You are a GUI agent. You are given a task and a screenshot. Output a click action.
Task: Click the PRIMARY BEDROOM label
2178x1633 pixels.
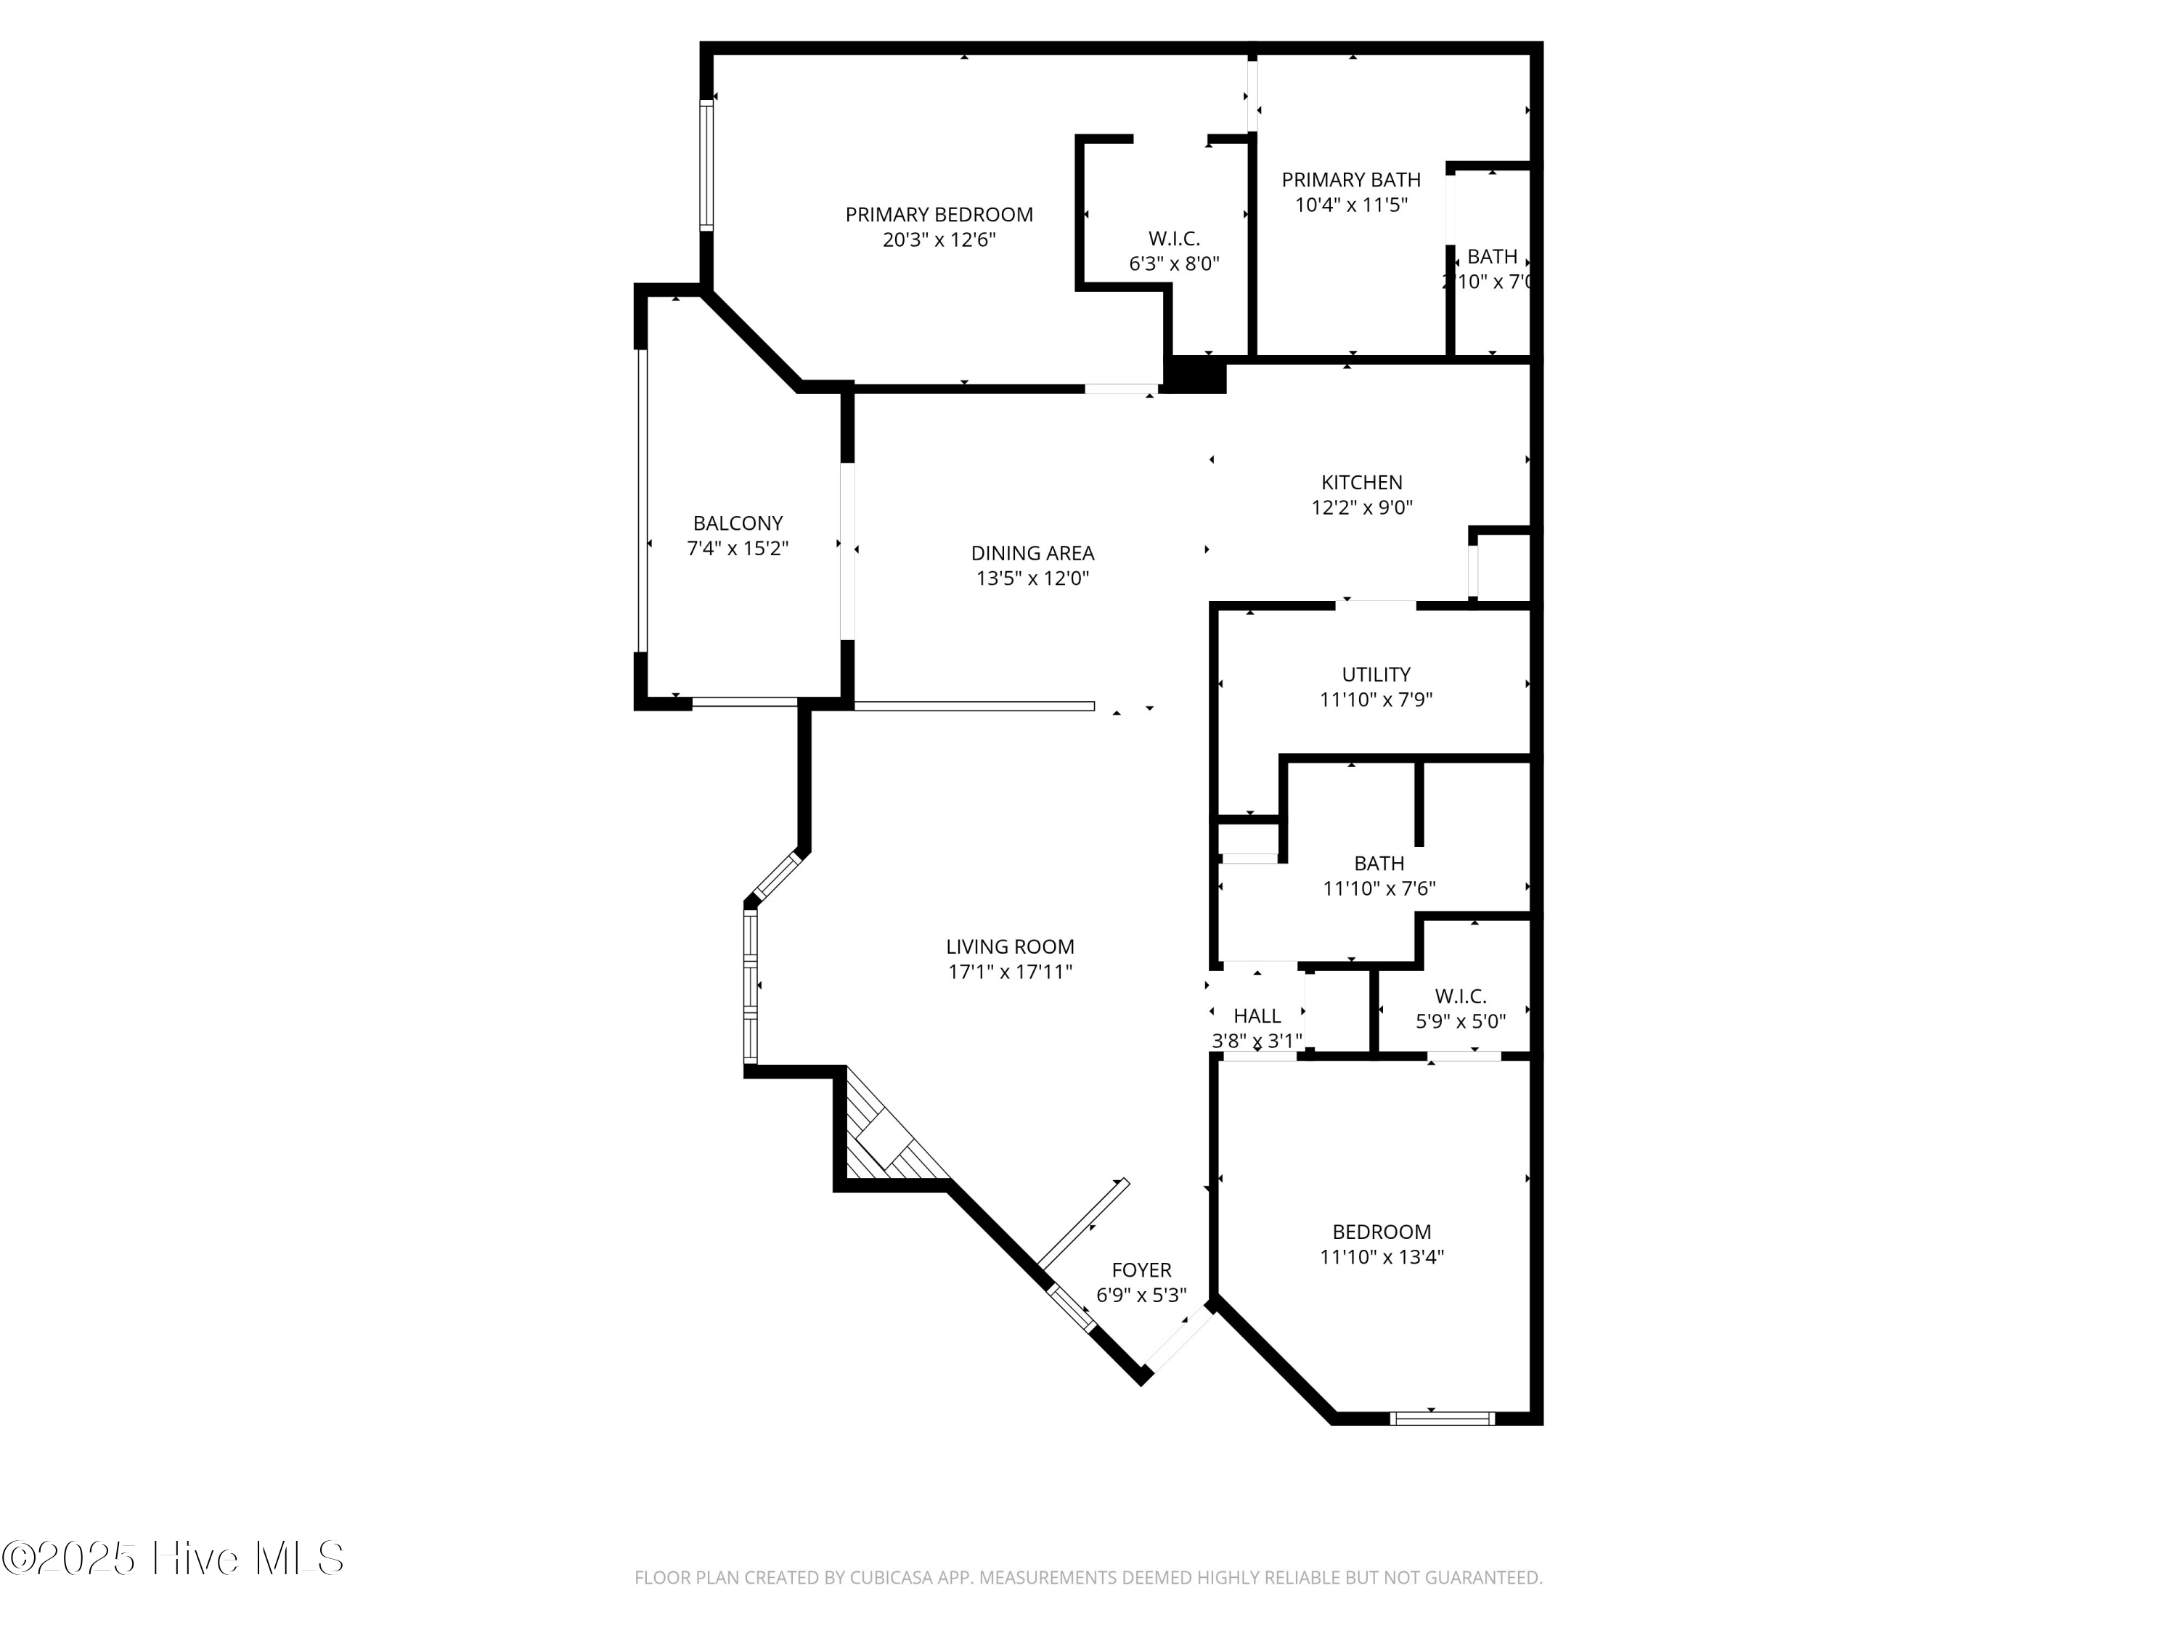point(938,215)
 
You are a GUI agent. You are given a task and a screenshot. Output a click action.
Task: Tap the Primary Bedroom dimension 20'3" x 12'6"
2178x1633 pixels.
point(938,240)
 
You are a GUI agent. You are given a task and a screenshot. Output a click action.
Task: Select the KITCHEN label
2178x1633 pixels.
point(1361,483)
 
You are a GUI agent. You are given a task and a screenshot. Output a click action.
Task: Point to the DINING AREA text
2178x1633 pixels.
point(1032,553)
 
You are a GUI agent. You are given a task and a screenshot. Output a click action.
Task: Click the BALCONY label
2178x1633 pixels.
point(738,524)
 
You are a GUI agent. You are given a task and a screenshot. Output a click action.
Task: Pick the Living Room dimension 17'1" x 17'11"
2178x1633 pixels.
point(1009,973)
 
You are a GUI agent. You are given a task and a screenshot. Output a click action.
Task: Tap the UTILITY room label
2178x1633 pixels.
point(1376,674)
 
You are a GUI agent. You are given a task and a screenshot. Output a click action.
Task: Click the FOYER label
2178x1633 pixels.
point(1141,1270)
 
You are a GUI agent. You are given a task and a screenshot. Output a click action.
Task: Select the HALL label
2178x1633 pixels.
point(1257,1016)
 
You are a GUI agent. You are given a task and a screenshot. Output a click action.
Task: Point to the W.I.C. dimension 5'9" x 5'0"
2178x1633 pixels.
point(1460,1022)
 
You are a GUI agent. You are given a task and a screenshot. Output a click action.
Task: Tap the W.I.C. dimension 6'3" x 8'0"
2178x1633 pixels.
point(1174,263)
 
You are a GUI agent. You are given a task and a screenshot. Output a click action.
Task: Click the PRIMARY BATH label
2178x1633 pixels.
point(1350,180)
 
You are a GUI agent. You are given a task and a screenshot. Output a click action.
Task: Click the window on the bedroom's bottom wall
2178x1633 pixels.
point(1442,1418)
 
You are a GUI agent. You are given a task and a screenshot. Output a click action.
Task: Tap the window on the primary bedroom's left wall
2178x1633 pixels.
point(706,165)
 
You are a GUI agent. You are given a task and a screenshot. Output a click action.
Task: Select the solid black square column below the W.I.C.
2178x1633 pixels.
point(1194,375)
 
